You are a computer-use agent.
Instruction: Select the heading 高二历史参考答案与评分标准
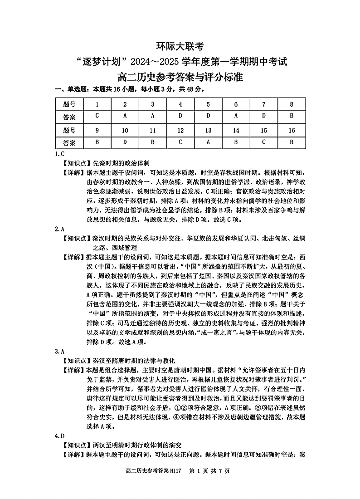180,77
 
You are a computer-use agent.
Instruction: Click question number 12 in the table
180,130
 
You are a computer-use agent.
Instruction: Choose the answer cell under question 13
208,142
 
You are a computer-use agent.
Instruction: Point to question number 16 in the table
292,130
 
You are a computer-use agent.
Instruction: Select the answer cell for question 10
125,142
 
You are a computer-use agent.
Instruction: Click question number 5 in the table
208,104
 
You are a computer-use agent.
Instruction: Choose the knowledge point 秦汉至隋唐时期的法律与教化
134,360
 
